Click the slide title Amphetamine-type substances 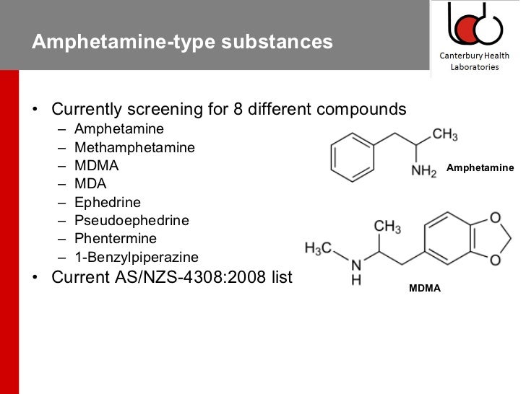(x=182, y=42)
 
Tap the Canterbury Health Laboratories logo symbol (x=474, y=23)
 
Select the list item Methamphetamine (x=134, y=147)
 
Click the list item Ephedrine (x=108, y=202)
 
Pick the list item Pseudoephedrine (x=131, y=220)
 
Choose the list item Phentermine (x=116, y=238)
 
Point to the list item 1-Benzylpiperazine (x=136, y=257)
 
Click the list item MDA (x=90, y=184)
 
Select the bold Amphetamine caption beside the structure (x=480, y=167)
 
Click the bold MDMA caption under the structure (x=425, y=288)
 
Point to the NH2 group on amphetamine (x=423, y=172)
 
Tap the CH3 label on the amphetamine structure (x=445, y=135)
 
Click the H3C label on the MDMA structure (x=318, y=249)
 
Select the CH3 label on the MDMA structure (x=387, y=227)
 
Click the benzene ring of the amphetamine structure (x=354, y=156)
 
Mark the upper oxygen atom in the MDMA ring (x=495, y=217)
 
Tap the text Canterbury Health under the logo (x=475, y=56)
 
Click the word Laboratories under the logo (x=475, y=67)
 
